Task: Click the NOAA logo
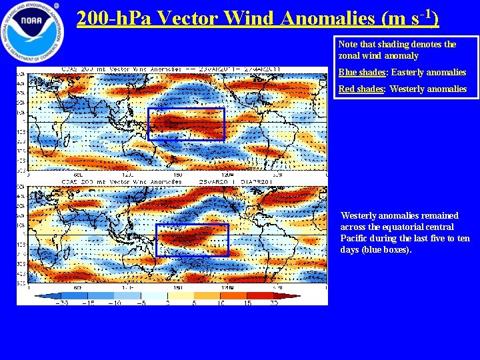(x=31, y=31)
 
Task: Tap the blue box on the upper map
(x=186, y=124)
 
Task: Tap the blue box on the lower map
(x=192, y=240)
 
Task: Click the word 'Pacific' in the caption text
(x=354, y=238)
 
